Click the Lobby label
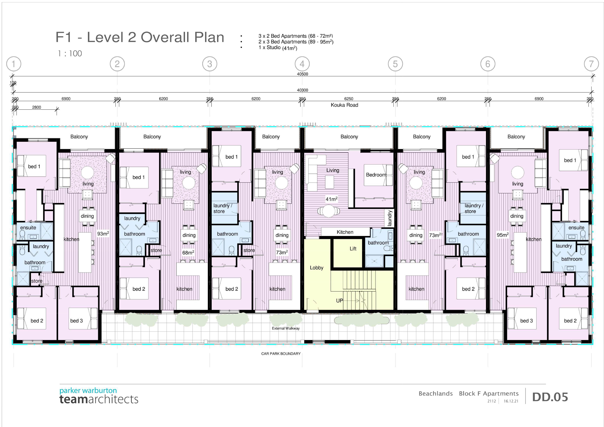(316, 268)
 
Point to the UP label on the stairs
(339, 300)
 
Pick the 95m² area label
(502, 235)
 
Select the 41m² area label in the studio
(331, 199)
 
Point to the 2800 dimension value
(37, 107)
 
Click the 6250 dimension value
(349, 99)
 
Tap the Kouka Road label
(344, 105)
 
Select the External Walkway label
(286, 328)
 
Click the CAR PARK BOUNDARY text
(281, 354)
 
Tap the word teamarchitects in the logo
(99, 399)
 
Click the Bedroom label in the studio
(376, 175)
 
